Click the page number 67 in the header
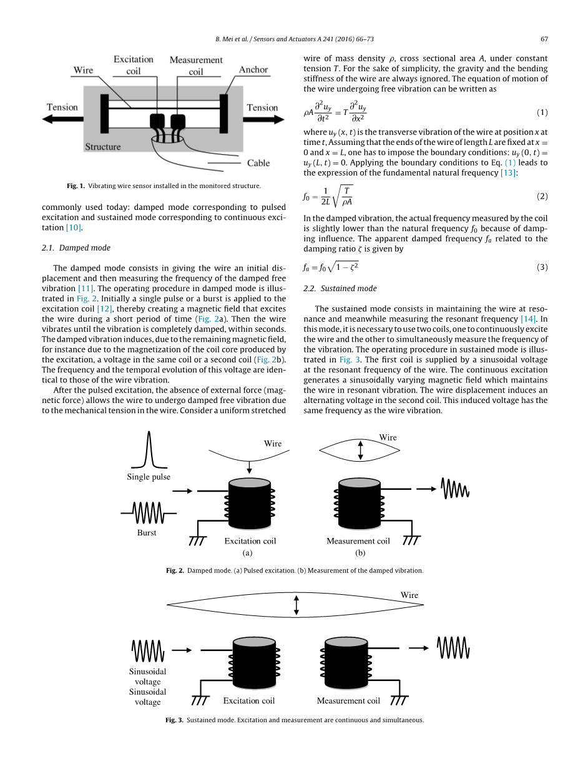pyautogui.click(x=544, y=39)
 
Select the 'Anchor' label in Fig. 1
pyautogui.click(x=253, y=69)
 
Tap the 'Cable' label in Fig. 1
pyautogui.click(x=258, y=163)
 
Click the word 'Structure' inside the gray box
pyautogui.click(x=103, y=147)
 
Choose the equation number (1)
pyautogui.click(x=542, y=112)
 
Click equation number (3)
pyautogui.click(x=542, y=267)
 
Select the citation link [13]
pyautogui.click(x=508, y=172)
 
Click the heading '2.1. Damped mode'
pyautogui.click(x=76, y=247)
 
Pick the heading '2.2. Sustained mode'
pyautogui.click(x=340, y=288)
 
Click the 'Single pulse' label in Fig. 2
pyautogui.click(x=149, y=477)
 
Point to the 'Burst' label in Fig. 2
pyautogui.click(x=147, y=533)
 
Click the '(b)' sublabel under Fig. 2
pyautogui.click(x=360, y=553)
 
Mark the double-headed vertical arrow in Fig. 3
pyautogui.click(x=296, y=605)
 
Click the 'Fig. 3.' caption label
pyautogui.click(x=174, y=720)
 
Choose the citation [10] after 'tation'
pyautogui.click(x=74, y=227)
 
